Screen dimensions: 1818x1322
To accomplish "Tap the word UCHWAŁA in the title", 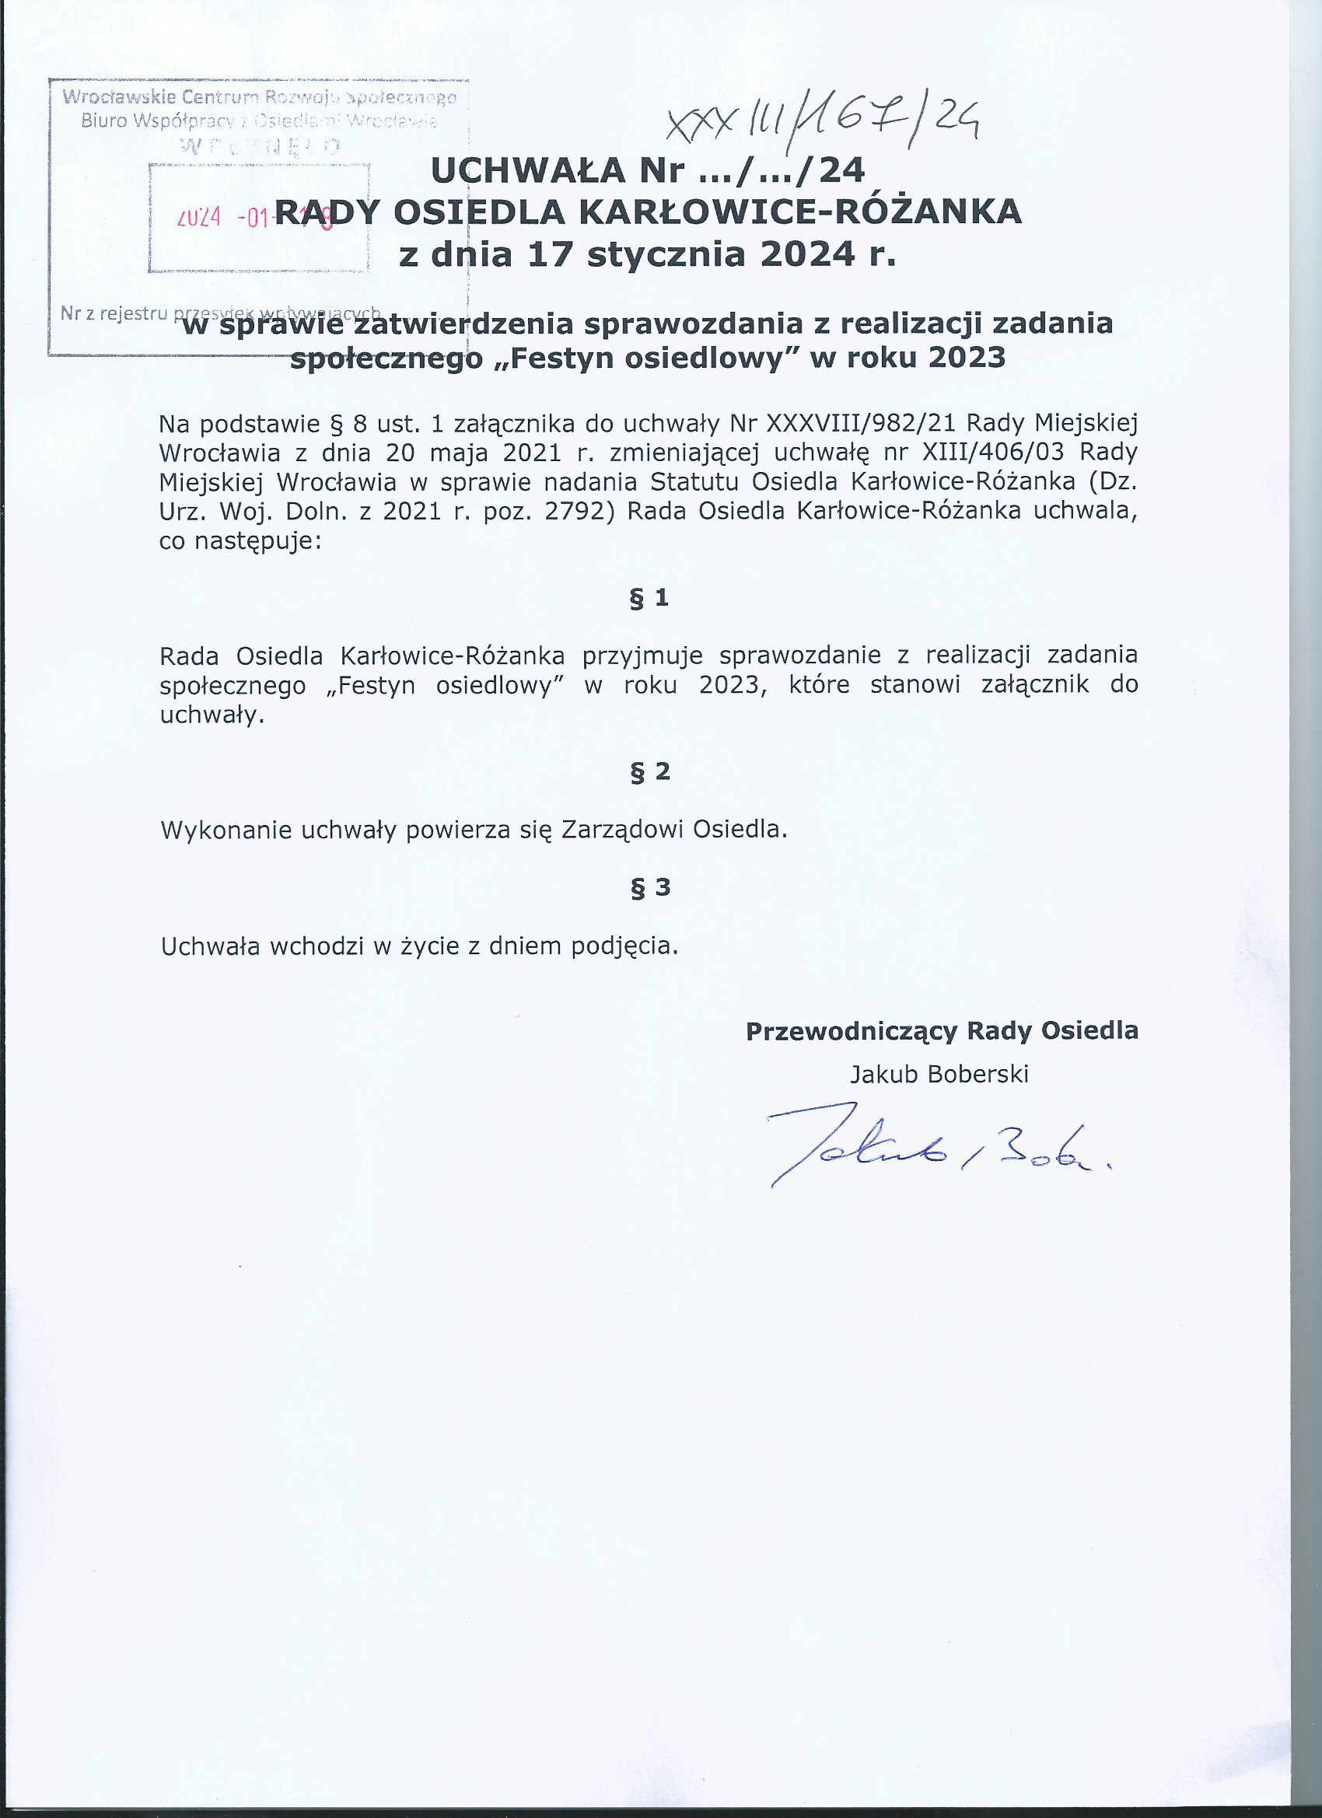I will pos(527,170).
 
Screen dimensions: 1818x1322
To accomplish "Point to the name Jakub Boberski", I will pos(939,1074).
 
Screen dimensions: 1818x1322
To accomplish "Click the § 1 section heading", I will pos(649,598).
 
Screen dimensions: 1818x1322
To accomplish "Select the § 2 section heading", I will pos(649,772).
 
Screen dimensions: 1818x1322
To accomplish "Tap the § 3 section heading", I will pos(649,887).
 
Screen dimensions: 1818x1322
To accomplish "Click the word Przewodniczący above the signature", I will pos(852,1031).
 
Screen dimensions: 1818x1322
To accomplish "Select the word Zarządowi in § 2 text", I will pos(621,830).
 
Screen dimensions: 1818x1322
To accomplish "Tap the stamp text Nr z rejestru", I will pos(112,313).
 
